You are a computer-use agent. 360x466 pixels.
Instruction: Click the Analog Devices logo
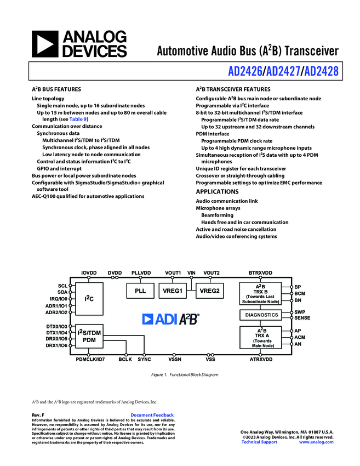(79, 44)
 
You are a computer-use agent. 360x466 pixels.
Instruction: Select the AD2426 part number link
(245, 71)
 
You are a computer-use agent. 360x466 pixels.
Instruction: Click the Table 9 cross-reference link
(78, 119)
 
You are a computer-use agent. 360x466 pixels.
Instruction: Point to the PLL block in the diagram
(140, 291)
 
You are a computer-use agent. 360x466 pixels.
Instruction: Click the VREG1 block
(173, 291)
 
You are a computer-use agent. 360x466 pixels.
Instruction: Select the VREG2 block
(209, 291)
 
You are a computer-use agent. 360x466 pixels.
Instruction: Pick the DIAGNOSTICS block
(260, 315)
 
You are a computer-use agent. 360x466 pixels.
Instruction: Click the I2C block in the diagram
(89, 299)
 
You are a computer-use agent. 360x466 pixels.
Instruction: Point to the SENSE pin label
(302, 318)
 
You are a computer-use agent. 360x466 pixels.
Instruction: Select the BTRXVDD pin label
(260, 272)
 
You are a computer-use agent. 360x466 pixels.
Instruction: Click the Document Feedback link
(152, 415)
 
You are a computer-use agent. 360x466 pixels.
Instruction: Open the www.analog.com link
(316, 442)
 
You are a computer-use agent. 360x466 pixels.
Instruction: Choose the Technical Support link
(259, 442)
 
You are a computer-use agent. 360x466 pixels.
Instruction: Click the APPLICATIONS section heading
(218, 192)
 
